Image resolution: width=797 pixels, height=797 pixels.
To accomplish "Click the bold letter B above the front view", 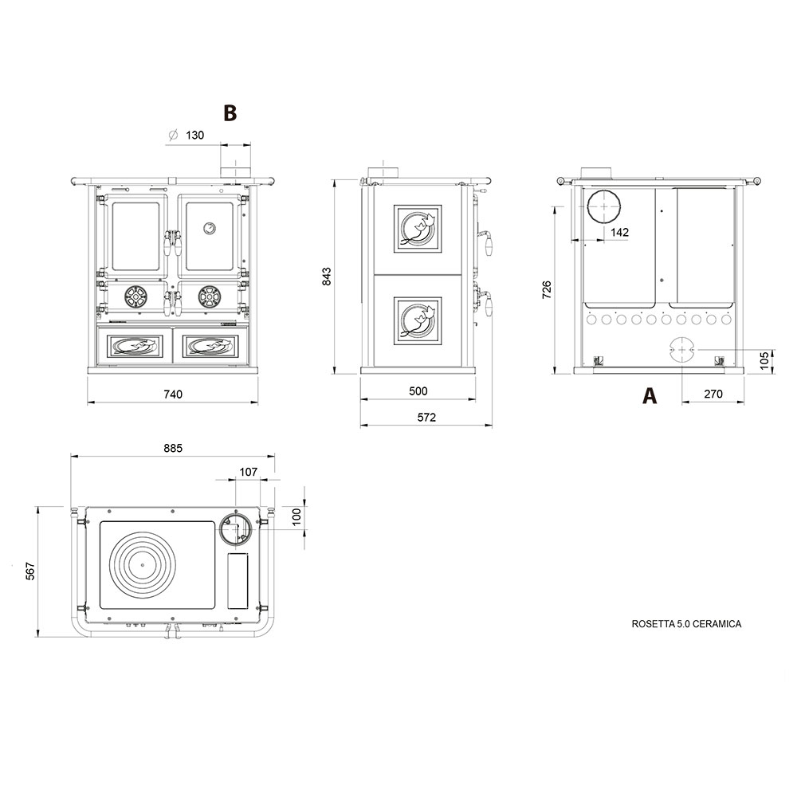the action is (x=230, y=113).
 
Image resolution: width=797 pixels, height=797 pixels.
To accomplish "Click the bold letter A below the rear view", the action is (x=650, y=395).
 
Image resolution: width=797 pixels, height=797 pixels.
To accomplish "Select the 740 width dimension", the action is (x=173, y=394).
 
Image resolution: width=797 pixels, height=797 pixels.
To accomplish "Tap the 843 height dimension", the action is (x=326, y=276).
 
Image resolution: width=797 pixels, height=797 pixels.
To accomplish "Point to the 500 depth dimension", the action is (x=418, y=391).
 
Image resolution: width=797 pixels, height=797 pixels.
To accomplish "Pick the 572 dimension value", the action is (x=426, y=418).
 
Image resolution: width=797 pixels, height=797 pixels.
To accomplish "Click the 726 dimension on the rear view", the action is (x=547, y=289).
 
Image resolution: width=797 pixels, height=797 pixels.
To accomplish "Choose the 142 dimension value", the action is (x=619, y=232).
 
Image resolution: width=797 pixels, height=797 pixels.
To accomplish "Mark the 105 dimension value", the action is (x=764, y=359).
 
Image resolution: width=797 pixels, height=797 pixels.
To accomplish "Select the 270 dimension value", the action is (x=713, y=394).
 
